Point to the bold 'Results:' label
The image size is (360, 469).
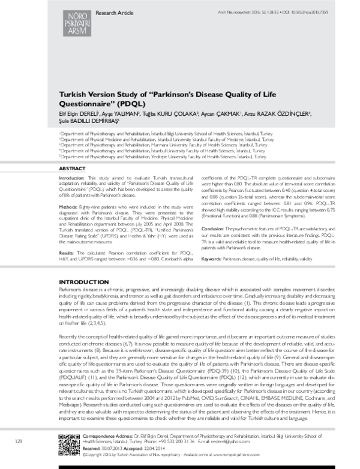point(68,236)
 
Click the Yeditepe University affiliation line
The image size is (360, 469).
point(163,139)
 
